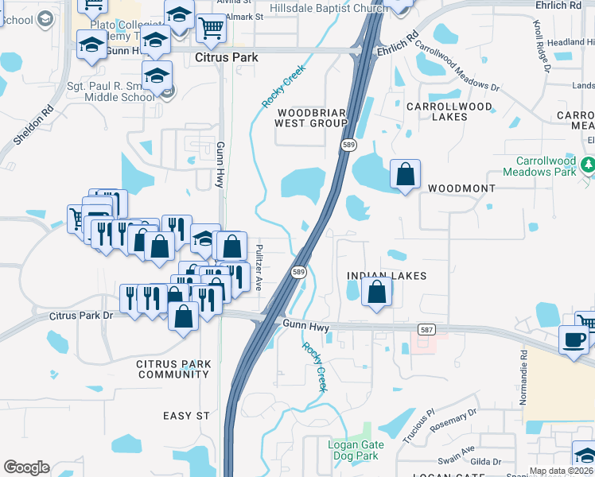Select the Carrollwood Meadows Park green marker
588,165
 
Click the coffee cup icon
574,340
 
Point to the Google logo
26,467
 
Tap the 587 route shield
426,328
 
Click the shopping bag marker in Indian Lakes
377,293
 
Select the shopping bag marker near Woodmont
405,174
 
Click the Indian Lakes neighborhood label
387,276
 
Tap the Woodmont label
461,188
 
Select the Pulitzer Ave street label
260,267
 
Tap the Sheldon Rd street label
33,126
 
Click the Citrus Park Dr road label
82,316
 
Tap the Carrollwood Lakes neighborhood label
449,111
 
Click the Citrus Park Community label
173,369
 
